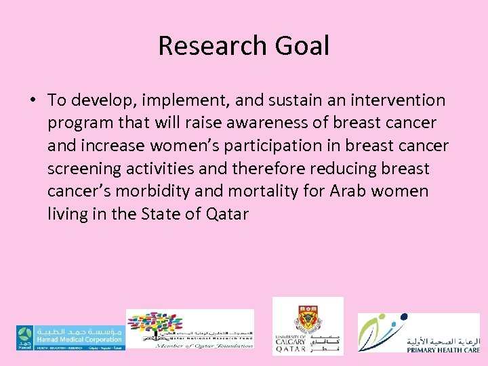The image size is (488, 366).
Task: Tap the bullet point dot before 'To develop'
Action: [x=33, y=101]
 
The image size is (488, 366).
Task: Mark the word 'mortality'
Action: [x=262, y=192]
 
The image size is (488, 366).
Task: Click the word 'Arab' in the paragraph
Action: [x=347, y=192]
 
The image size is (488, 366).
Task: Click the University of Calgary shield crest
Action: [x=308, y=319]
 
